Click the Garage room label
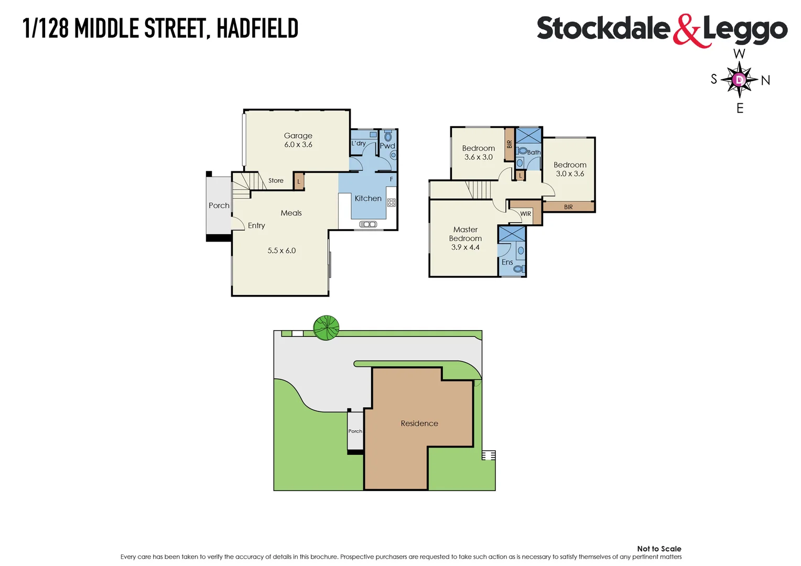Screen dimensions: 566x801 [x=298, y=136]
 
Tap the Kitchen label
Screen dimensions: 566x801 [x=368, y=199]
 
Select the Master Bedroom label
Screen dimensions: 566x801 [x=466, y=234]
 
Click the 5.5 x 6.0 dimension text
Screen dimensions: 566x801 [x=282, y=251]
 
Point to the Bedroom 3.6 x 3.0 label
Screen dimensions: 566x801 [x=478, y=153]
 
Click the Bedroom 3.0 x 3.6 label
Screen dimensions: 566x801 [x=570, y=169]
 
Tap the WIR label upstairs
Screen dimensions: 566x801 [x=526, y=214]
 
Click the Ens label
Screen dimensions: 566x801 [x=507, y=262]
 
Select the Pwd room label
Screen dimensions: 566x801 [x=387, y=146]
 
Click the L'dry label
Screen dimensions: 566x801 [x=359, y=143]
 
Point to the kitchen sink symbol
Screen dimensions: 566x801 [x=368, y=224]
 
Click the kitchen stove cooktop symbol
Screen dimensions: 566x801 [x=391, y=202]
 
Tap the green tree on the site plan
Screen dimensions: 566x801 [x=326, y=328]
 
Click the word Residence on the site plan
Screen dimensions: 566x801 [x=419, y=423]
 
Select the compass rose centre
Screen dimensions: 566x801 [x=739, y=80]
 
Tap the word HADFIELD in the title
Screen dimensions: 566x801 [x=257, y=28]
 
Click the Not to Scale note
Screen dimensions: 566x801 [x=659, y=549]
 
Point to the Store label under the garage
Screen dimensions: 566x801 [x=276, y=181]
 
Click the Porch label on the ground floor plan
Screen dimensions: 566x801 [x=219, y=205]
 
